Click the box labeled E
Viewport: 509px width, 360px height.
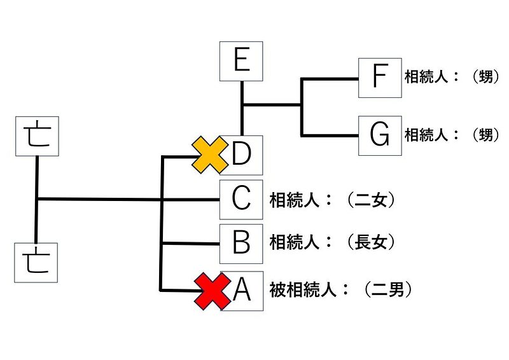click(x=241, y=61)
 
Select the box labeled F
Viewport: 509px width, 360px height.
click(x=380, y=78)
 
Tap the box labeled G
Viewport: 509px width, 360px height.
click(x=380, y=135)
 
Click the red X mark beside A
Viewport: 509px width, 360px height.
click(x=213, y=292)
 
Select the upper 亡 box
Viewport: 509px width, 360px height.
click(x=36, y=135)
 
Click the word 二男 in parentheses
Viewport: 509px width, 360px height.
click(x=388, y=291)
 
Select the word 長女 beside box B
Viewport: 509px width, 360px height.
click(x=372, y=242)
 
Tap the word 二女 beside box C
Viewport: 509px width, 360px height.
click(x=372, y=200)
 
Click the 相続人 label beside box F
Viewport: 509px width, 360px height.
click(x=425, y=78)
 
